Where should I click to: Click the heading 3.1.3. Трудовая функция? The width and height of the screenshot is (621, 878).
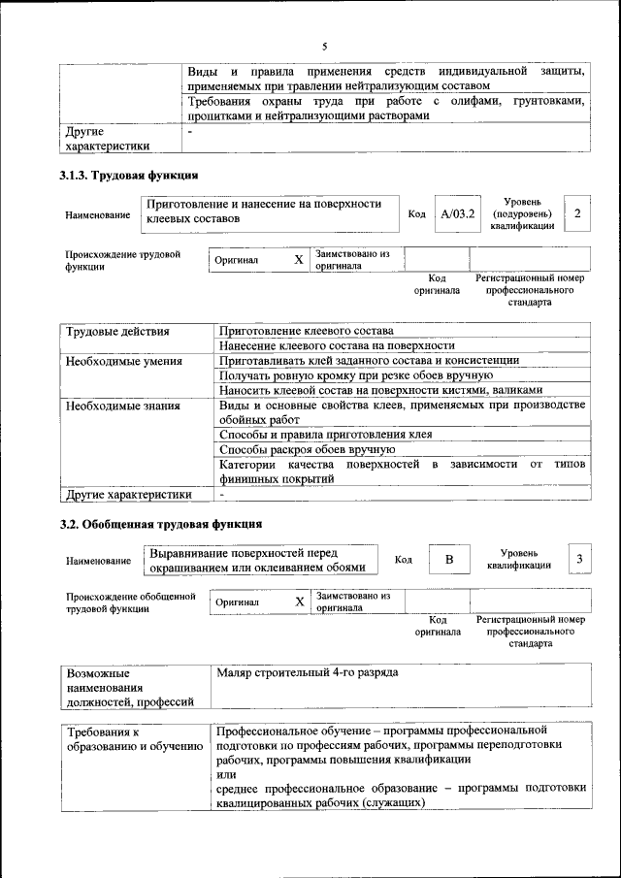pos(129,176)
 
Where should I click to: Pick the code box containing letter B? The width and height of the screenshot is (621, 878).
pos(449,560)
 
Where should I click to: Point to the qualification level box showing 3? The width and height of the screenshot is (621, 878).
pos(579,559)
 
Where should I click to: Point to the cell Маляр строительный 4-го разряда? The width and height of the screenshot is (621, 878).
pos(308,672)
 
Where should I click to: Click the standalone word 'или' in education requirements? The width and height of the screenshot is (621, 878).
pos(226,774)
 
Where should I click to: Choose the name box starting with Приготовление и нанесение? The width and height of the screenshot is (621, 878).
pos(271,212)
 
